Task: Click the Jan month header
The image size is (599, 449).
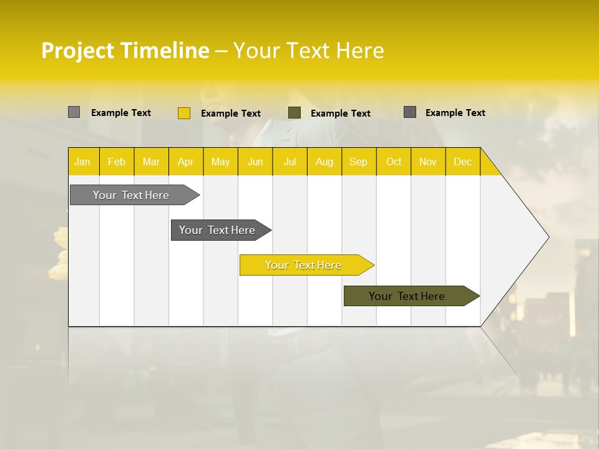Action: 82,162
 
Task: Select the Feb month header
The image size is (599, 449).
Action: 117,162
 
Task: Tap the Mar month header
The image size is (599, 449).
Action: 151,162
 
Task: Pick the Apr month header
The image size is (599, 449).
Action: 185,162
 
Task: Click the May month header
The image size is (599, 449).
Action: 220,162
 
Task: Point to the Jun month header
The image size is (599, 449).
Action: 255,162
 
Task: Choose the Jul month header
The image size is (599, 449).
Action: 290,162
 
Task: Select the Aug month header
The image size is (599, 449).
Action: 324,162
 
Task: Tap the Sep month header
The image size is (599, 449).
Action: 358,162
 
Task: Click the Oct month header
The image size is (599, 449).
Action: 394,162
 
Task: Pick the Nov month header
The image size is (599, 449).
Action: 428,162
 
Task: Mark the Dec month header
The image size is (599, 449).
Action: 462,162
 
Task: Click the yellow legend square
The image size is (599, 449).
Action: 183,113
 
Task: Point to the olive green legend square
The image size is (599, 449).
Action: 295,113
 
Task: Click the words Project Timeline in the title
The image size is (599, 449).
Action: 125,51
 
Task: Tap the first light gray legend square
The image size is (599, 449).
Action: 74,112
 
